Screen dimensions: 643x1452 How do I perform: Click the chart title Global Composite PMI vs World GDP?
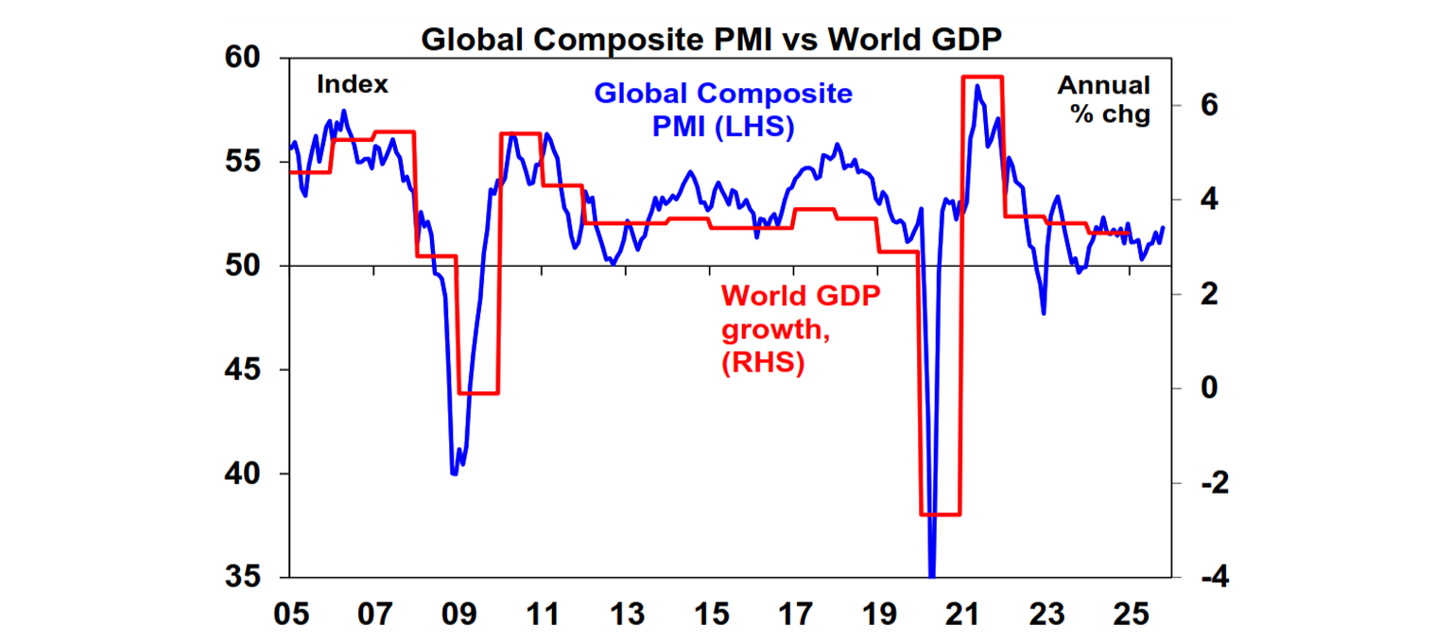coord(725,40)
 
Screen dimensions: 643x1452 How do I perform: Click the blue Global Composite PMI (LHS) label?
coord(722,110)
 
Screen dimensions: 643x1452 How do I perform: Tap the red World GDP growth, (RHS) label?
coord(800,330)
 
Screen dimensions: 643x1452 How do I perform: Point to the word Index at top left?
coord(353,84)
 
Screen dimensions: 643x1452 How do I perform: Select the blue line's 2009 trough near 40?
coord(455,473)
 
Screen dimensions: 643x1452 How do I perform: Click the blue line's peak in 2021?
coord(977,86)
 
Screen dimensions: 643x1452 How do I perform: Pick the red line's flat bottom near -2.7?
coord(940,514)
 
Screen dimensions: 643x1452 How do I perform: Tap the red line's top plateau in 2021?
coord(981,77)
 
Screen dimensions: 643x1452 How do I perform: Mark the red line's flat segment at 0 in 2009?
coord(478,392)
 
